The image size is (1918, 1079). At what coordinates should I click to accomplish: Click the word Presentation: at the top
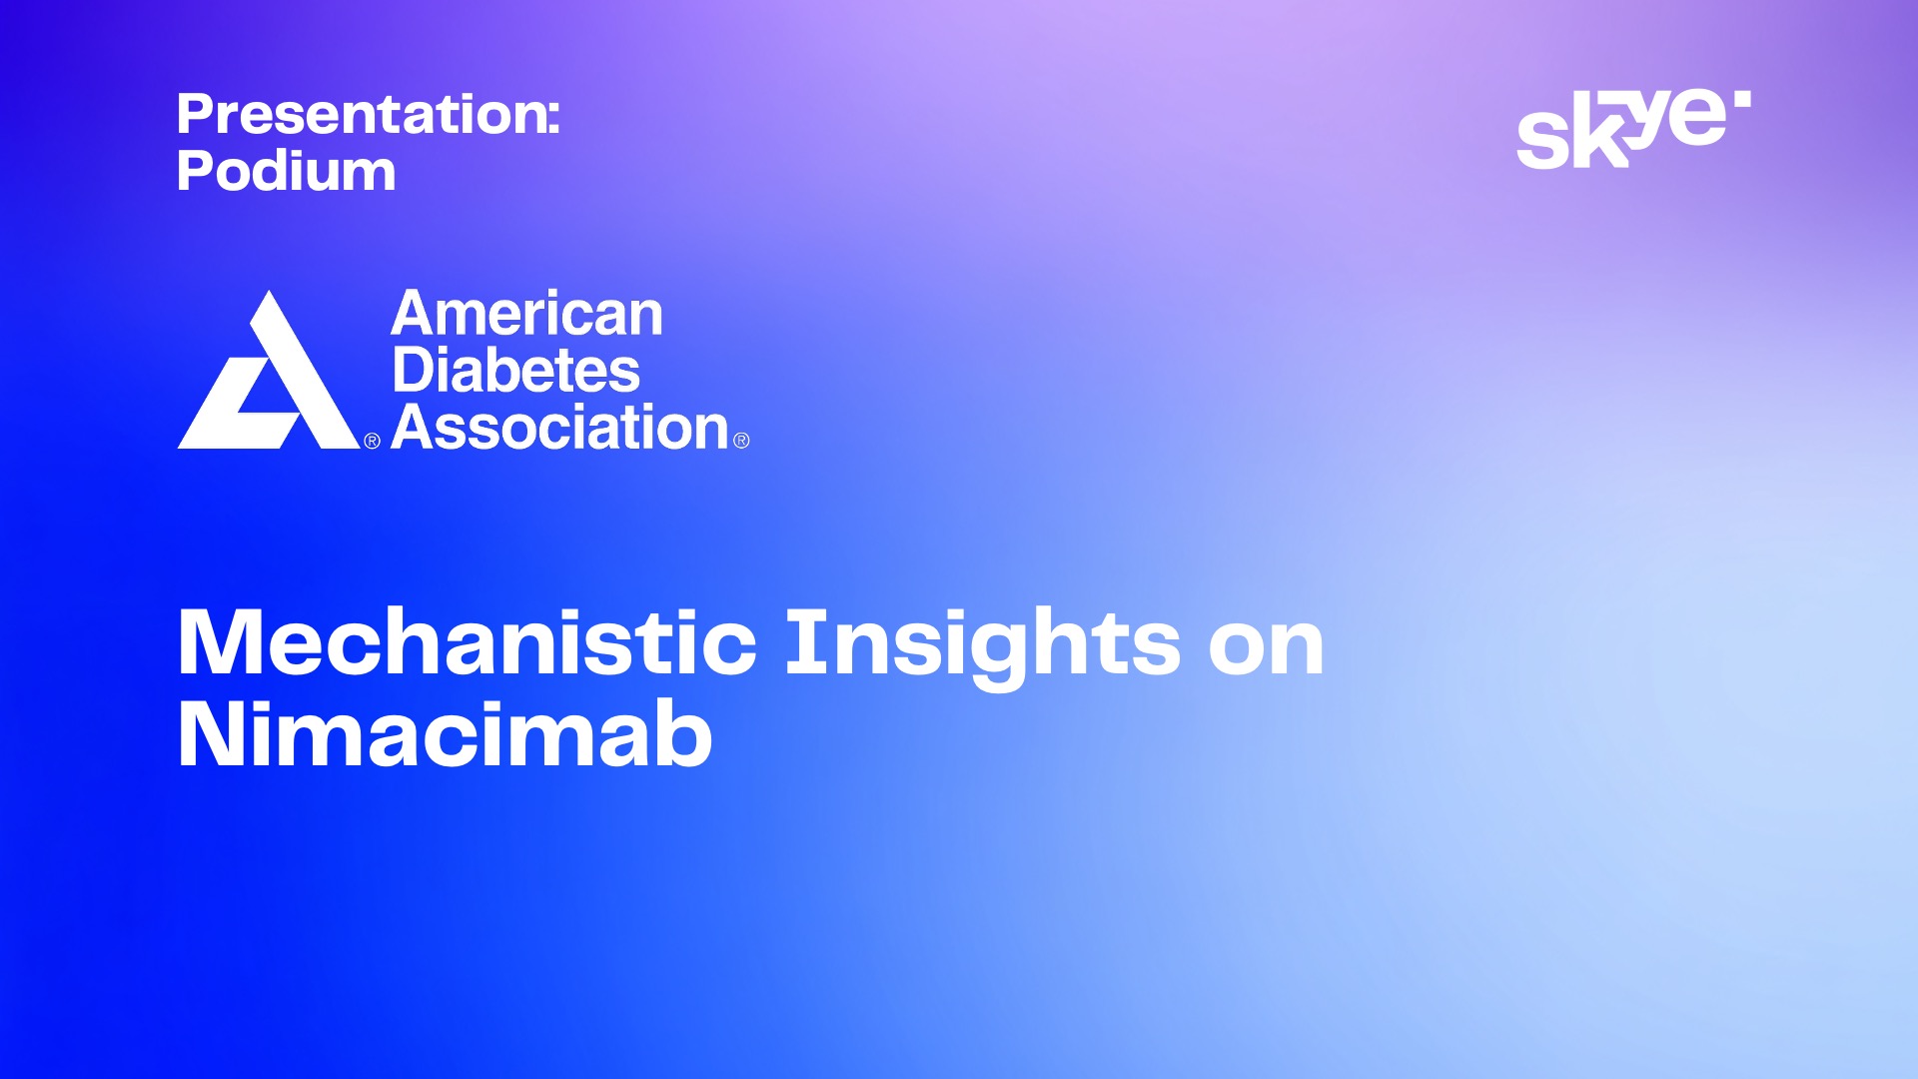pos(368,114)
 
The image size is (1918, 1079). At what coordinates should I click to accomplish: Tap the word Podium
pos(286,171)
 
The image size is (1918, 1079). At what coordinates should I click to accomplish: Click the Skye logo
pos(1633,129)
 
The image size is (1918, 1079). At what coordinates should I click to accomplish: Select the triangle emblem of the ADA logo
pos(269,370)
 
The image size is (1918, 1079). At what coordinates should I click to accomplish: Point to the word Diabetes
pos(515,371)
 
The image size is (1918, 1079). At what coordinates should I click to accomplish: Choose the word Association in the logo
pos(560,428)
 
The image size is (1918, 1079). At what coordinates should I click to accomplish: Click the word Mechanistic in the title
pos(467,643)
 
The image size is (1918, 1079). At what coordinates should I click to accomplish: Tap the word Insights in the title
pos(984,647)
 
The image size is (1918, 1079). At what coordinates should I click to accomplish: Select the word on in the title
pos(1267,650)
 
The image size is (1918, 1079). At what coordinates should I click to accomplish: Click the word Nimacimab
pos(445,735)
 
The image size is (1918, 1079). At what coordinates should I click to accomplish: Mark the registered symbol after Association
pos(741,441)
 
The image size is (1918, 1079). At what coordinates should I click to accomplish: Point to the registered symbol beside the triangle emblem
pos(372,441)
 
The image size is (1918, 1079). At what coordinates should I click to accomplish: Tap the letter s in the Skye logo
pos(1539,139)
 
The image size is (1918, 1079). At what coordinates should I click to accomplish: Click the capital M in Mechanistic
pos(224,643)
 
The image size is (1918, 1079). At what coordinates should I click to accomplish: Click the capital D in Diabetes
pos(414,371)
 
